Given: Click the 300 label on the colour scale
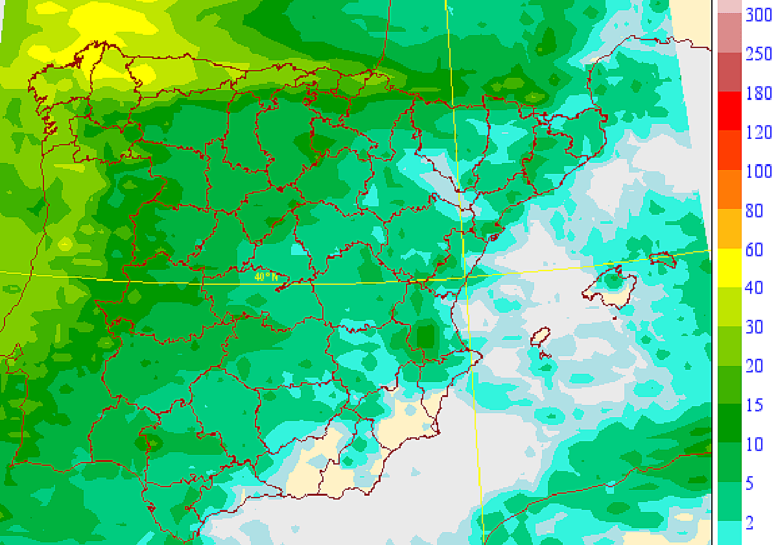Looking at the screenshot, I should click(x=758, y=15).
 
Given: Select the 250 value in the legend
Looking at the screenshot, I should click(x=758, y=54).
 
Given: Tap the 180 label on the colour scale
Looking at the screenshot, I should click(x=758, y=93).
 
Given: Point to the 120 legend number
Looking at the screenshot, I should click(x=758, y=132).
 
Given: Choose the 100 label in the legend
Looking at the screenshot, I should click(x=758, y=171).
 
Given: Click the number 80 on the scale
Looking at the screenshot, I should click(x=753, y=210).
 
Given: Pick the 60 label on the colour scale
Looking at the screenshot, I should click(x=753, y=250).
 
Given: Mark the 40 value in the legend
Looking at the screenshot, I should click(x=753, y=288).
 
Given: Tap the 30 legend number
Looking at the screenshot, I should click(x=753, y=327).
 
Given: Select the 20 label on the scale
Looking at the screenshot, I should click(x=753, y=367).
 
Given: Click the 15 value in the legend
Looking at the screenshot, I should click(x=753, y=406).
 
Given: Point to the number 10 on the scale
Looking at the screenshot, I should click(x=753, y=444).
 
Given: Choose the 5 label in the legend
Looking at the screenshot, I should click(x=749, y=483).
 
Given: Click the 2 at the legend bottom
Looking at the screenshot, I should click(x=749, y=522).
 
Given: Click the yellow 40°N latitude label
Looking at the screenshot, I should click(x=266, y=276).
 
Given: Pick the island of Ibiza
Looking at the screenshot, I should click(x=540, y=337).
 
